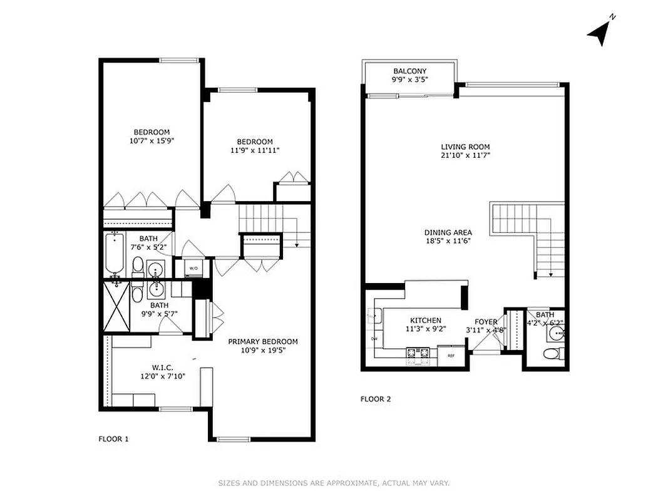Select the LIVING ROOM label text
465,147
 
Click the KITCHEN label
426,321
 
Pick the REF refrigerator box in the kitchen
450,356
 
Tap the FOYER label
486,322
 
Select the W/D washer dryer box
193,268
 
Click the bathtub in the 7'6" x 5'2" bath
116,254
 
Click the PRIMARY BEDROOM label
262,341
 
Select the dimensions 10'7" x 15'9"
152,141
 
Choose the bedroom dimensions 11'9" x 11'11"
254,150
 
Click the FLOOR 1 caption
113,439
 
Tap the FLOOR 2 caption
376,399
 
